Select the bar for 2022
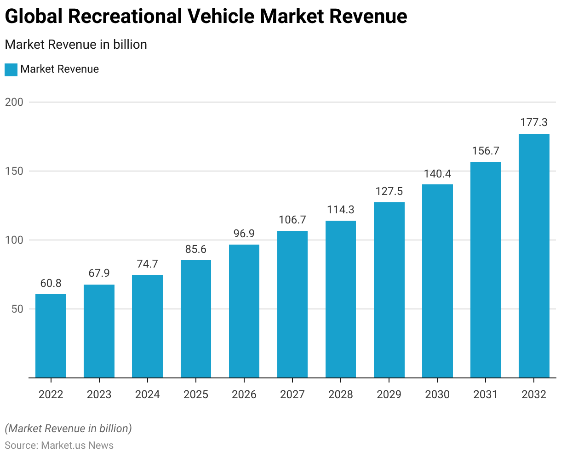point(51,336)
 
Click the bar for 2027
point(292,304)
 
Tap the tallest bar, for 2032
point(534,256)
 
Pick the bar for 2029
point(389,290)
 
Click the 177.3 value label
point(534,122)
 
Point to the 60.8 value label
point(51,283)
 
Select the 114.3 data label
point(341,210)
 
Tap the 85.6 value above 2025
point(196,249)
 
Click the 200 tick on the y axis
point(14,102)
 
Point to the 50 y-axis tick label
point(17,309)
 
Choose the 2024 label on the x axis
point(148,394)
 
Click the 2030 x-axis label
point(437,394)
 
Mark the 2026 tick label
point(244,394)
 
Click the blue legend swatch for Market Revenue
point(11,69)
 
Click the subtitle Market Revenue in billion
point(76,45)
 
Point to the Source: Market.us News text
point(59,445)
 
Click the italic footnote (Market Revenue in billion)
point(68,428)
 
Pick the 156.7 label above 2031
point(486,151)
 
